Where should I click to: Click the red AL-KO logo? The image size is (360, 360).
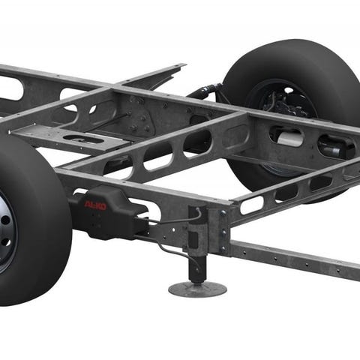pyautogui.click(x=95, y=205)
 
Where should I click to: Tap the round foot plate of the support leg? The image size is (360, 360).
pyautogui.click(x=197, y=289)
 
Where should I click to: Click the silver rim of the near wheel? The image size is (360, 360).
pyautogui.click(x=5, y=230)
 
